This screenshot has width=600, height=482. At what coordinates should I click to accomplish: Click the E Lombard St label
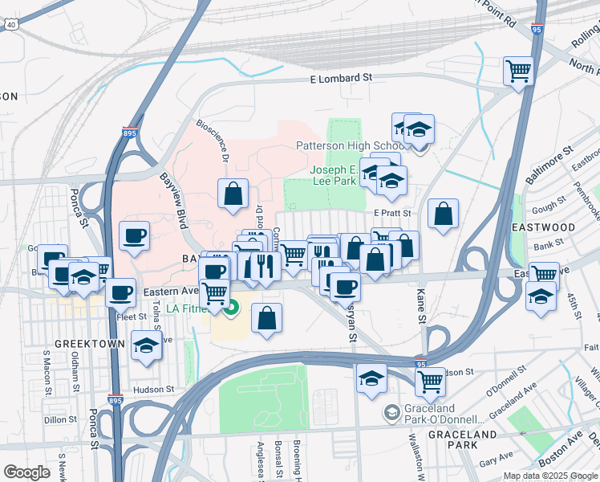coord(343,78)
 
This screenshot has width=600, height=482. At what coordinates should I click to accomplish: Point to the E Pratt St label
coord(392,213)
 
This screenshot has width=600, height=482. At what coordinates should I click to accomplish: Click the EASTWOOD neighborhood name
coord(543,227)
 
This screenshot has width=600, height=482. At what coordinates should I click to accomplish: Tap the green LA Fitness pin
coord(233,307)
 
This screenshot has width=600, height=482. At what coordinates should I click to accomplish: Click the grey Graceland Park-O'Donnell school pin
coord(391,412)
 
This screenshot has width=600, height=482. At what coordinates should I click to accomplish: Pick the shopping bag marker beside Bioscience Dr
coord(233,194)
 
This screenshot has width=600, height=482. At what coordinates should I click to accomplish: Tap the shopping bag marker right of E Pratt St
coord(443,214)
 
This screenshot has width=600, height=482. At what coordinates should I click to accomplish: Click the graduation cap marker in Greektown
coord(145,346)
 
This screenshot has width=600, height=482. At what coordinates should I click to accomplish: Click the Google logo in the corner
coord(26,472)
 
